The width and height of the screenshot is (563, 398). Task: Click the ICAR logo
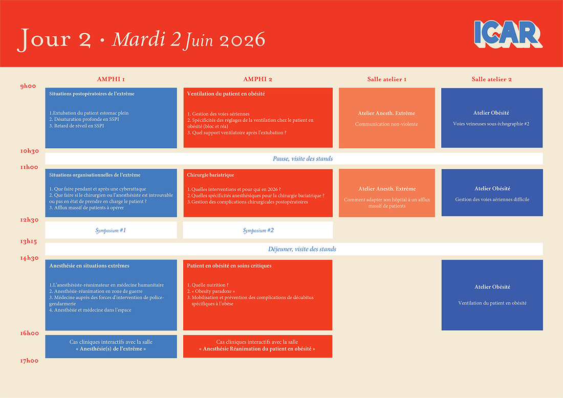pyautogui.click(x=508, y=34)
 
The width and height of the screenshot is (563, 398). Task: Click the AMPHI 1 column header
pyautogui.click(x=111, y=79)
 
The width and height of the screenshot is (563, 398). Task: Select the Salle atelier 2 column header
pyautogui.click(x=491, y=79)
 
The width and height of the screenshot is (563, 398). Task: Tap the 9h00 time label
pyautogui.click(x=28, y=86)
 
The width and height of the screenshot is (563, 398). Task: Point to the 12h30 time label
pyautogui.click(x=30, y=220)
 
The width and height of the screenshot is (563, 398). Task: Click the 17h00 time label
pyautogui.click(x=30, y=361)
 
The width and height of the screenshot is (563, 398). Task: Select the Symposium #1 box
pyautogui.click(x=111, y=230)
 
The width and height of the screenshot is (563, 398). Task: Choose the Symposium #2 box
pyautogui.click(x=258, y=230)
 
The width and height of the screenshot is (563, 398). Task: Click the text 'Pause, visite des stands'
pyautogui.click(x=302, y=159)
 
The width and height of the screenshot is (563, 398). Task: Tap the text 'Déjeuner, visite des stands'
pyautogui.click(x=302, y=249)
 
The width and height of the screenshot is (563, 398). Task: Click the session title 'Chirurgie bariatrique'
pyautogui.click(x=210, y=175)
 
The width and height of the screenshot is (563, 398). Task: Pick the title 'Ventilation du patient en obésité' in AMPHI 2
pyautogui.click(x=226, y=94)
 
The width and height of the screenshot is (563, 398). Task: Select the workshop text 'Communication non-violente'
pyautogui.click(x=386, y=124)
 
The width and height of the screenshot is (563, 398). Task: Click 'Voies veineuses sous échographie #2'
pyautogui.click(x=491, y=124)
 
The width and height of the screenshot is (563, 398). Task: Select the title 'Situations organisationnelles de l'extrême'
pyautogui.click(x=95, y=175)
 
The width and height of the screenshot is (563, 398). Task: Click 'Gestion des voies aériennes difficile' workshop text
pyautogui.click(x=492, y=200)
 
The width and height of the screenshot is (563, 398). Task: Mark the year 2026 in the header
pyautogui.click(x=243, y=40)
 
